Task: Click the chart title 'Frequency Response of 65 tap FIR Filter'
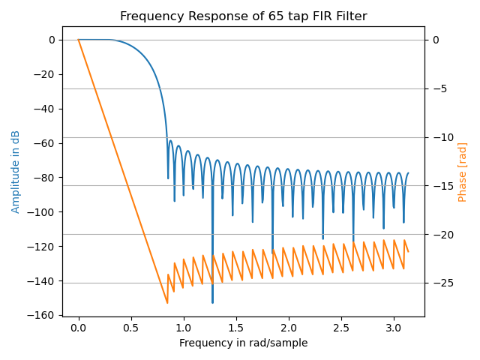click(243, 16)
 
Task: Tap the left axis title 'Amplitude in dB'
click(16, 171)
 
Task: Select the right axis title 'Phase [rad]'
click(463, 172)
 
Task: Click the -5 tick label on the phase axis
click(437, 88)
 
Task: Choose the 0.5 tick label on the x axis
click(131, 328)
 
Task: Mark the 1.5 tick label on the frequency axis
click(236, 328)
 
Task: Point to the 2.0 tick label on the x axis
click(289, 328)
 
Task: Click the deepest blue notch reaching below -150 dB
click(212, 301)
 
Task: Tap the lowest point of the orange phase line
click(167, 303)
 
